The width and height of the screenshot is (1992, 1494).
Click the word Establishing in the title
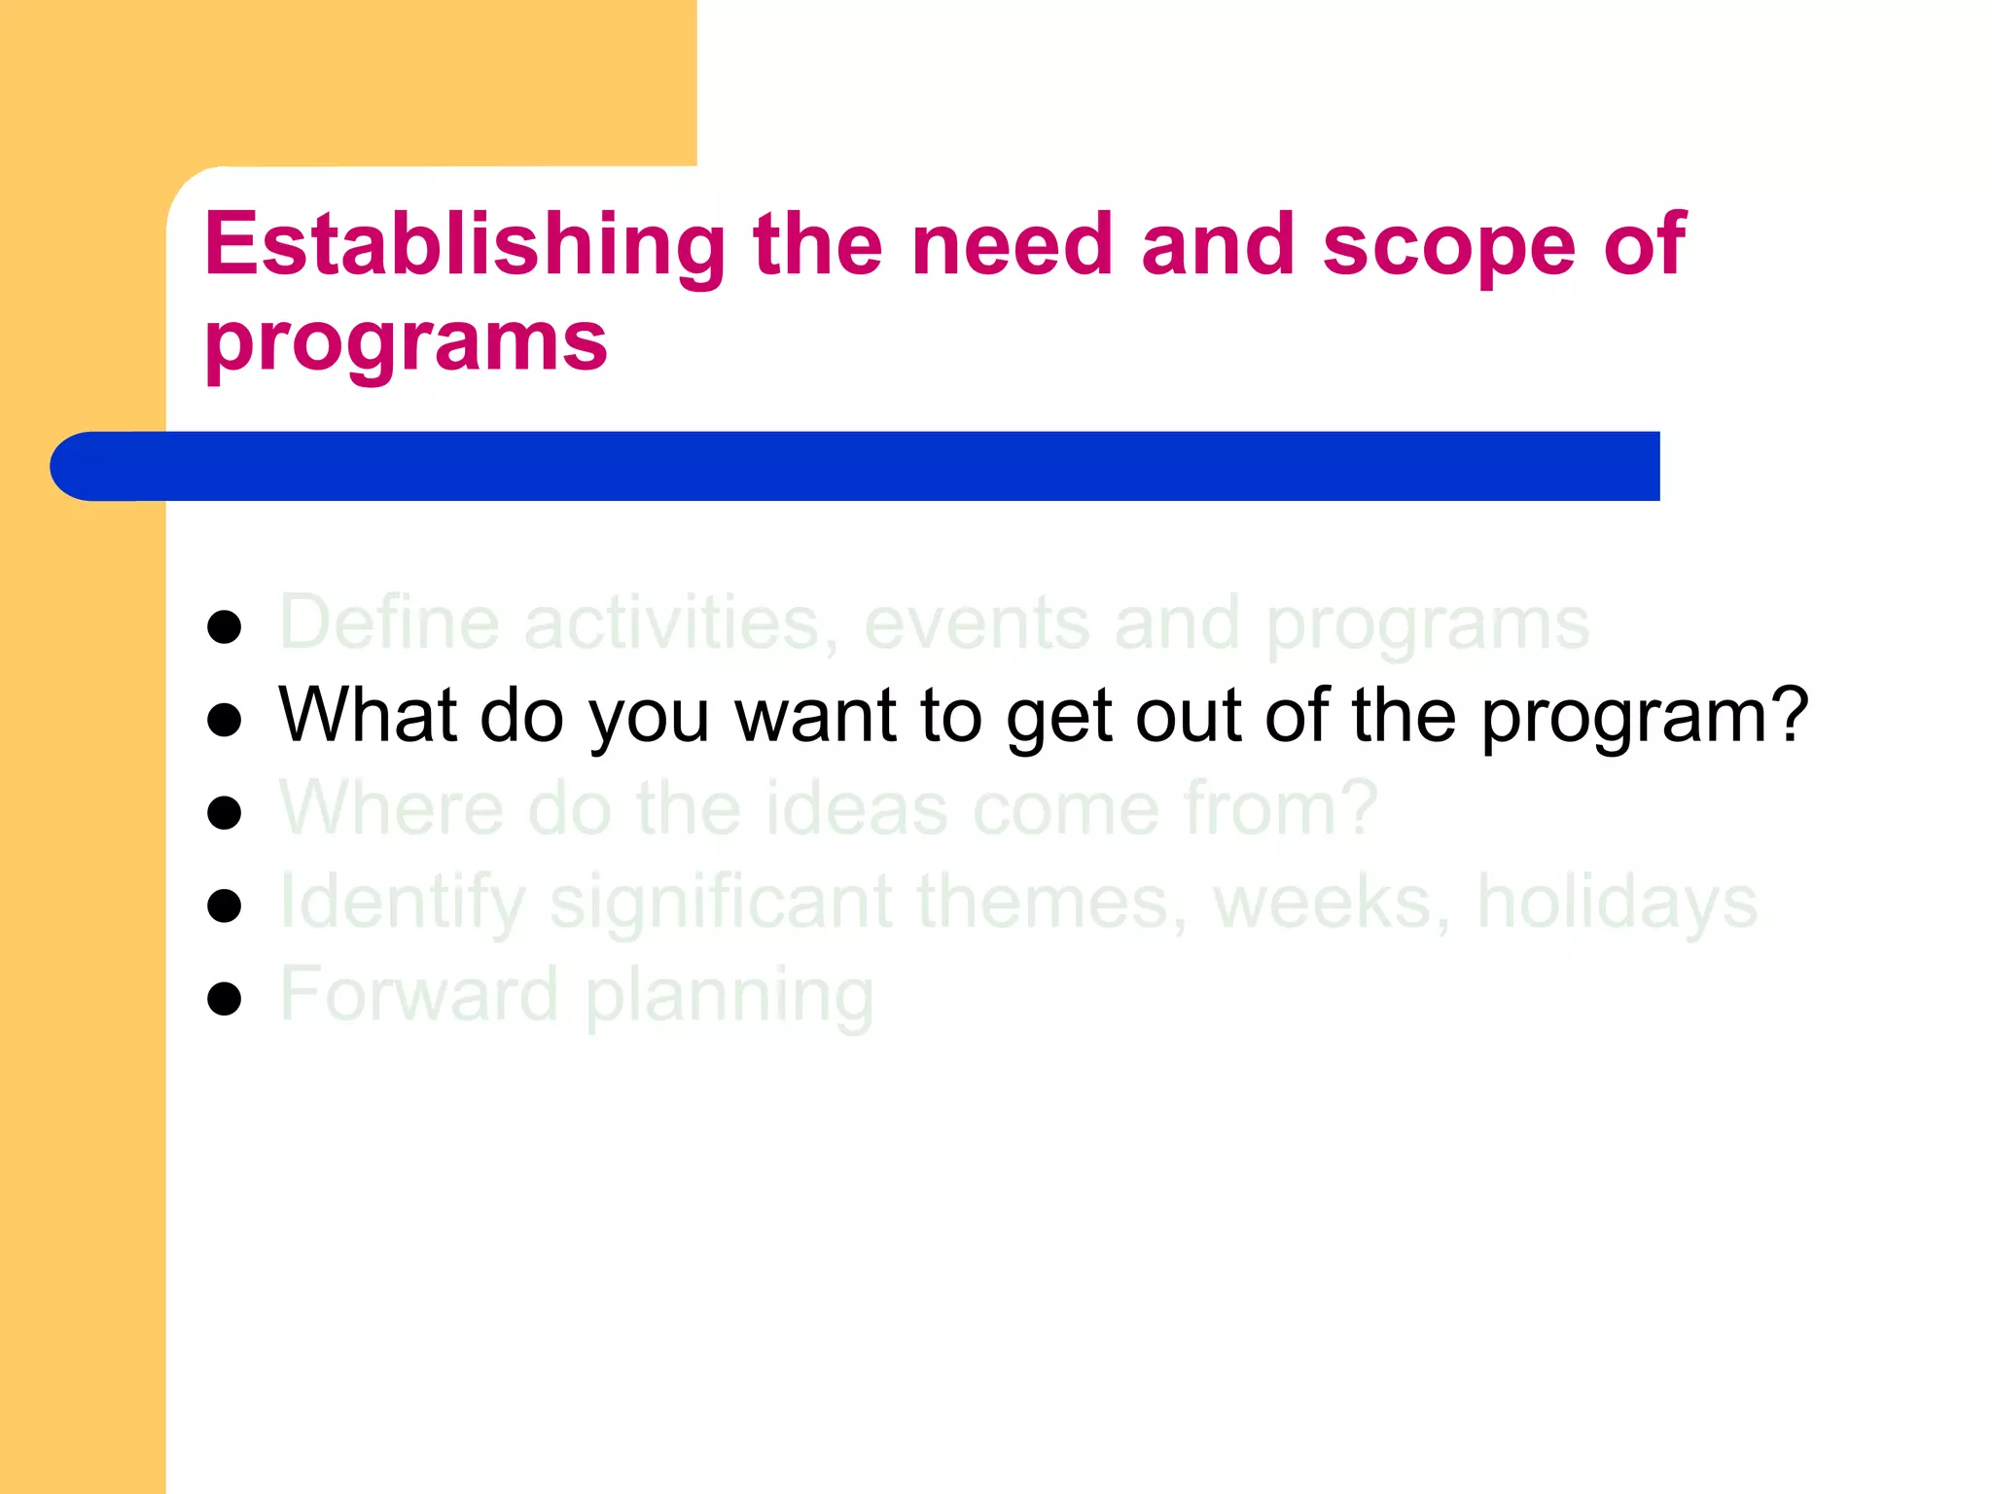[x=465, y=245]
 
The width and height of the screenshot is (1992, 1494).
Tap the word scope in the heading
[x=1448, y=245]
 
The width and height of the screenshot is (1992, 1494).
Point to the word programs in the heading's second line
[x=406, y=342]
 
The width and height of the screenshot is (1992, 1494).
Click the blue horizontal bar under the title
[x=856, y=466]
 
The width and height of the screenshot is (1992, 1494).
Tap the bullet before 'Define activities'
[x=225, y=627]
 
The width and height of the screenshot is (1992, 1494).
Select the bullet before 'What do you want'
[x=225, y=721]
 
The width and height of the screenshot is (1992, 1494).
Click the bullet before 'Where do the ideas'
[x=225, y=813]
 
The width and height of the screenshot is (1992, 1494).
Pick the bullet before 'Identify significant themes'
[x=225, y=906]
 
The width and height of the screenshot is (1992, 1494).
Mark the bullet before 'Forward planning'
[x=225, y=999]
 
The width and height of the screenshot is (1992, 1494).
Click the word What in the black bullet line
[x=368, y=715]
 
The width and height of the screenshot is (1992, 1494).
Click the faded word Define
[x=389, y=622]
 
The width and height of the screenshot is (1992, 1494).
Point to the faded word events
[x=976, y=623]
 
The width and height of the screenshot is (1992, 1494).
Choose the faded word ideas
[x=856, y=808]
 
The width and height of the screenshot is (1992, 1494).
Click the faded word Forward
[x=419, y=994]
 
